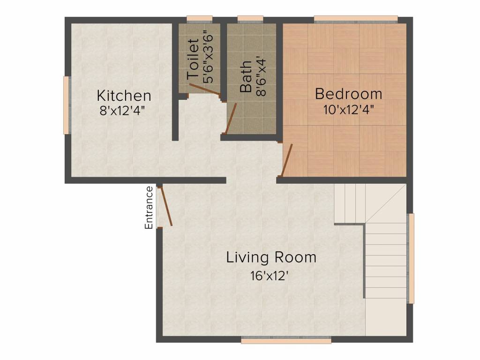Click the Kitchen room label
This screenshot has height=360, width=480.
click(x=124, y=96)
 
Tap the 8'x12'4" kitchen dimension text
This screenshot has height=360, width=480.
click(x=122, y=111)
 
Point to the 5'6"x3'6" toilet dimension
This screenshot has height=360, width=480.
click(x=208, y=57)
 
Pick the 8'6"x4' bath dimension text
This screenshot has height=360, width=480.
click(x=261, y=75)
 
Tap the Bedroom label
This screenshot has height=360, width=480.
click(x=349, y=94)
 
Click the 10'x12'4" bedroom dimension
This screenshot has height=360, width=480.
click(x=349, y=109)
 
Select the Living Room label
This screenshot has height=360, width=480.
click(x=271, y=257)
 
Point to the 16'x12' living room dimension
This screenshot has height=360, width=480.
click(x=270, y=276)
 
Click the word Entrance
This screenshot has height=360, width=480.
click(x=149, y=208)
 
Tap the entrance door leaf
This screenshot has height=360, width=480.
click(x=166, y=206)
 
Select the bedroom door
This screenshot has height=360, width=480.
click(x=287, y=161)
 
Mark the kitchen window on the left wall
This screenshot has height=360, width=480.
click(x=66, y=105)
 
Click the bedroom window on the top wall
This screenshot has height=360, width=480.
click(x=356, y=19)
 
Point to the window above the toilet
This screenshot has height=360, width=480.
click(x=200, y=19)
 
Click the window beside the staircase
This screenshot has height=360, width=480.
click(x=411, y=258)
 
